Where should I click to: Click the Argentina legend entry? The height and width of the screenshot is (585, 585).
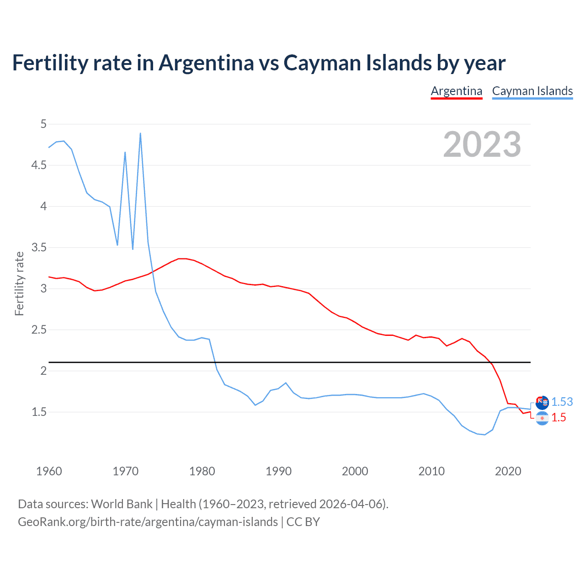click(x=457, y=91)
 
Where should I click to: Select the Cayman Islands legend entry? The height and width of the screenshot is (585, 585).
click(x=532, y=91)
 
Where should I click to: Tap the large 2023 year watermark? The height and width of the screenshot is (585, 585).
click(x=482, y=144)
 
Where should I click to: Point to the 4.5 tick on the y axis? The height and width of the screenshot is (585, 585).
click(x=39, y=165)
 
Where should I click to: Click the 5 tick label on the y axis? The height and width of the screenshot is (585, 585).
click(x=43, y=124)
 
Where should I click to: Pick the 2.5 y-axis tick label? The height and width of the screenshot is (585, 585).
click(x=39, y=330)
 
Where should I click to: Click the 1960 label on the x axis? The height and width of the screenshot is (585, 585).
click(x=49, y=471)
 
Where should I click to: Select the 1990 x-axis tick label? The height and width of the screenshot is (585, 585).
click(x=278, y=471)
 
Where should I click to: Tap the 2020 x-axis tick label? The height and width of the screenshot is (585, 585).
click(x=508, y=471)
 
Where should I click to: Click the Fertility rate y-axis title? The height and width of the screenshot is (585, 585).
click(x=19, y=283)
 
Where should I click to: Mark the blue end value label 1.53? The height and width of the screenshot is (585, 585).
click(x=562, y=402)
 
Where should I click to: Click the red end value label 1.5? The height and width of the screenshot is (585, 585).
click(x=558, y=417)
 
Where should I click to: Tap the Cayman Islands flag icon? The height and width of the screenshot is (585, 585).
click(x=542, y=403)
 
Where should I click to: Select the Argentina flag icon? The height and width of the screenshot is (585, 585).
click(x=542, y=418)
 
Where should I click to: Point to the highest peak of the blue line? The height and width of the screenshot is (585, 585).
click(x=140, y=133)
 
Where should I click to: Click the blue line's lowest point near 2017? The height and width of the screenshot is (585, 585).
click(x=485, y=435)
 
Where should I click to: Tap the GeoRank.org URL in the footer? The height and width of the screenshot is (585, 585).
click(x=148, y=521)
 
